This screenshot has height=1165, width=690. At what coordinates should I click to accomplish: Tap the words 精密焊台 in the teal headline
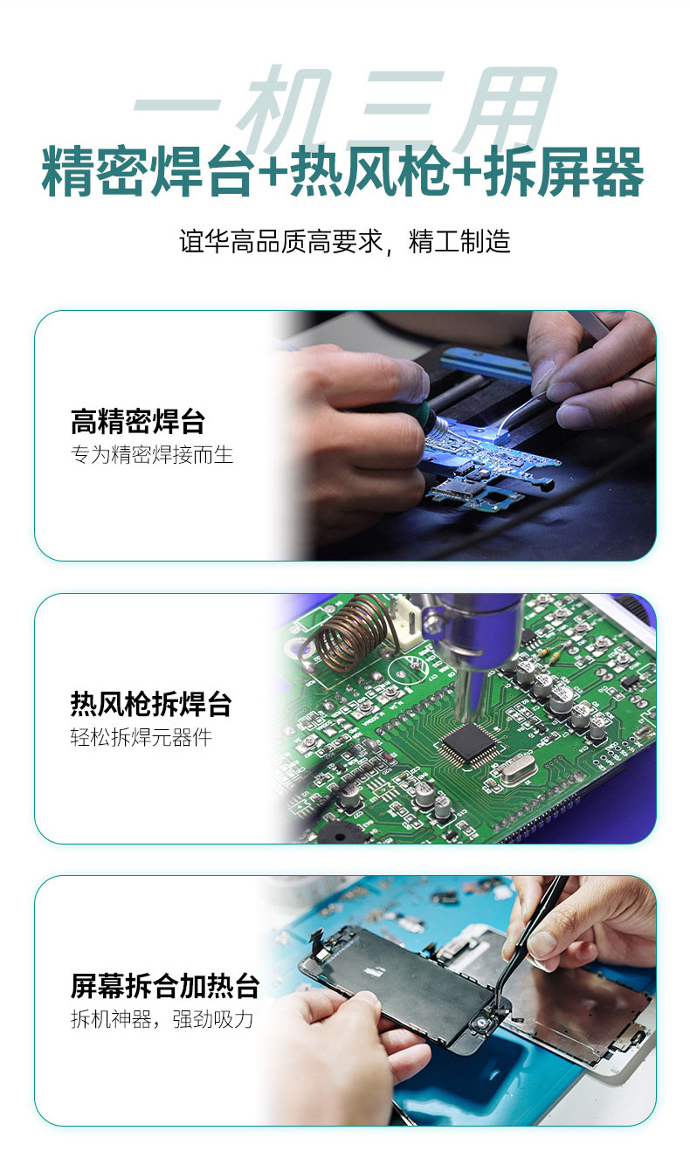(x=148, y=172)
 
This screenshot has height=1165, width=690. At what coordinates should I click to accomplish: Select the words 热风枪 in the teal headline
(x=369, y=172)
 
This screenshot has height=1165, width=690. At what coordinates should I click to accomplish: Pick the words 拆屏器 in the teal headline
(x=564, y=172)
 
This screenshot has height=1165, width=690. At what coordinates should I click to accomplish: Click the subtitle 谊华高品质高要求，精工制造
(x=345, y=241)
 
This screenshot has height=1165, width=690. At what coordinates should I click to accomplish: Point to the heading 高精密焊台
(x=138, y=421)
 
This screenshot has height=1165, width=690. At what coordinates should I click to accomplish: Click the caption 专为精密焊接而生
(x=152, y=454)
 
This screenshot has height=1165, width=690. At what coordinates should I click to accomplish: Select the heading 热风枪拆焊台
(x=151, y=704)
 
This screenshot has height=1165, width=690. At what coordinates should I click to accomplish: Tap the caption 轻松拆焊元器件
(x=141, y=737)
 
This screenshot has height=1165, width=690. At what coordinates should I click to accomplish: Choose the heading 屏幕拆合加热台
(x=165, y=986)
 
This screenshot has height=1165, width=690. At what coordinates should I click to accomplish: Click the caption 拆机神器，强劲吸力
(x=162, y=1019)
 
